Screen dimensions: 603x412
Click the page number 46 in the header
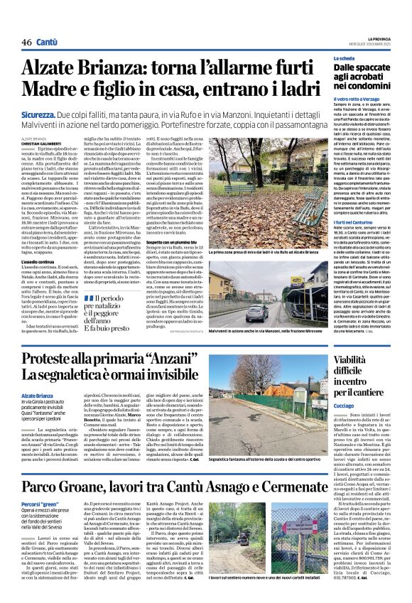(26, 42)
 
